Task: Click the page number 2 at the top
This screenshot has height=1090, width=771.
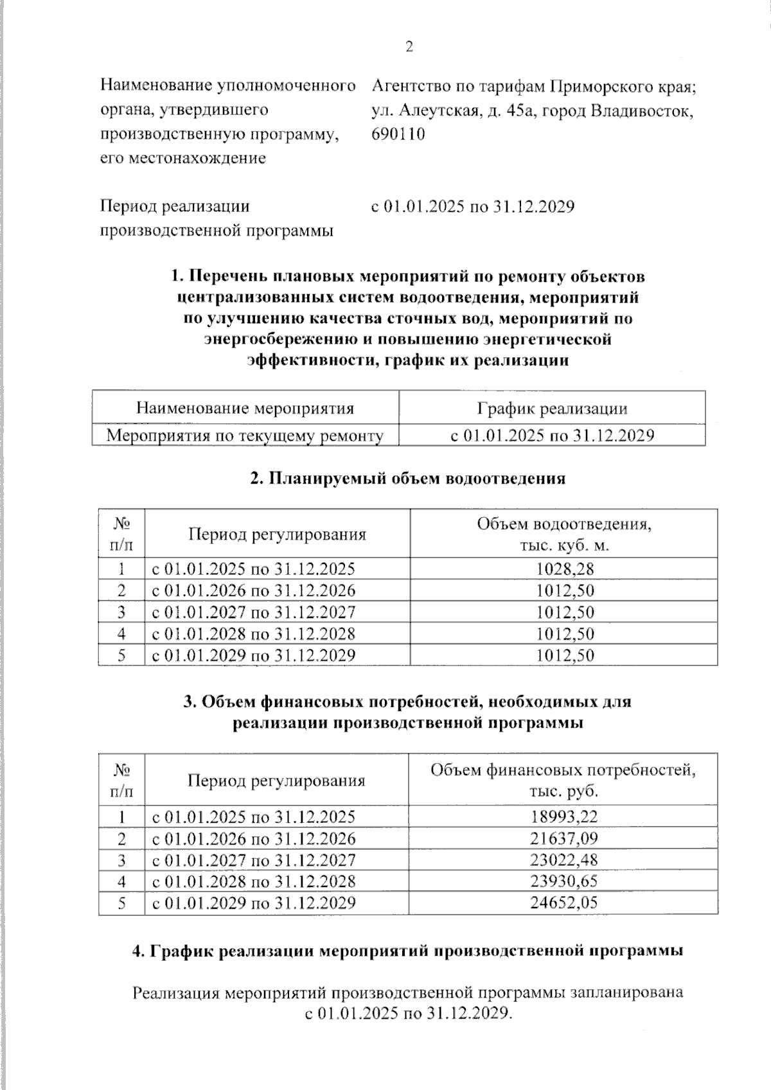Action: [x=409, y=48]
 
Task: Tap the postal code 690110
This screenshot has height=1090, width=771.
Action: [x=398, y=134]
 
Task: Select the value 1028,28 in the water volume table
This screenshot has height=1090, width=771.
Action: [x=564, y=568]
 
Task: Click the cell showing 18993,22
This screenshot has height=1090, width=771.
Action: [x=563, y=817]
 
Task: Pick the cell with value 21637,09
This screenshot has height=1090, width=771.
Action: [x=563, y=838]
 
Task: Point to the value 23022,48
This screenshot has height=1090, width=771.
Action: [x=563, y=860]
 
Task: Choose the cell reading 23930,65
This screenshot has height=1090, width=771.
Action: [x=563, y=881]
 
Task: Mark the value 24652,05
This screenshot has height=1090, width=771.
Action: [x=563, y=902]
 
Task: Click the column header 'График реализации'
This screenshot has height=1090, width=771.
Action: [x=552, y=409]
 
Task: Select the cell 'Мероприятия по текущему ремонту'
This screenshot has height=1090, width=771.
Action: [x=245, y=435]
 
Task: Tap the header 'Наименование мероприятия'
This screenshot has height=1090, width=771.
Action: [x=245, y=409]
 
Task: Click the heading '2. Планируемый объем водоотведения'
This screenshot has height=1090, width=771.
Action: [x=408, y=478]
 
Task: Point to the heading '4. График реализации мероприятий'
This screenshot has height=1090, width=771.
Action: [x=407, y=951]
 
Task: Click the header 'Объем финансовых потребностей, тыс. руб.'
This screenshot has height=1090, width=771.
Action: [x=563, y=780]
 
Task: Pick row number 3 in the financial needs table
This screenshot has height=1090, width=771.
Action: [x=121, y=860]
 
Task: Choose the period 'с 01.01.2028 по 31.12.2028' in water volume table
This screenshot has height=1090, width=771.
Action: [x=253, y=634]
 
